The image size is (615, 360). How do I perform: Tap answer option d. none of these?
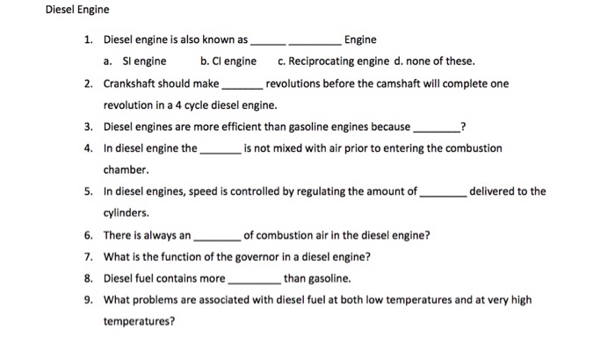436,61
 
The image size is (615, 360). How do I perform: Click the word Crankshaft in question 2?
133,83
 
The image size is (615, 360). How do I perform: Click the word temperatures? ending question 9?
139,321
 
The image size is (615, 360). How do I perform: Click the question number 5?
89,191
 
